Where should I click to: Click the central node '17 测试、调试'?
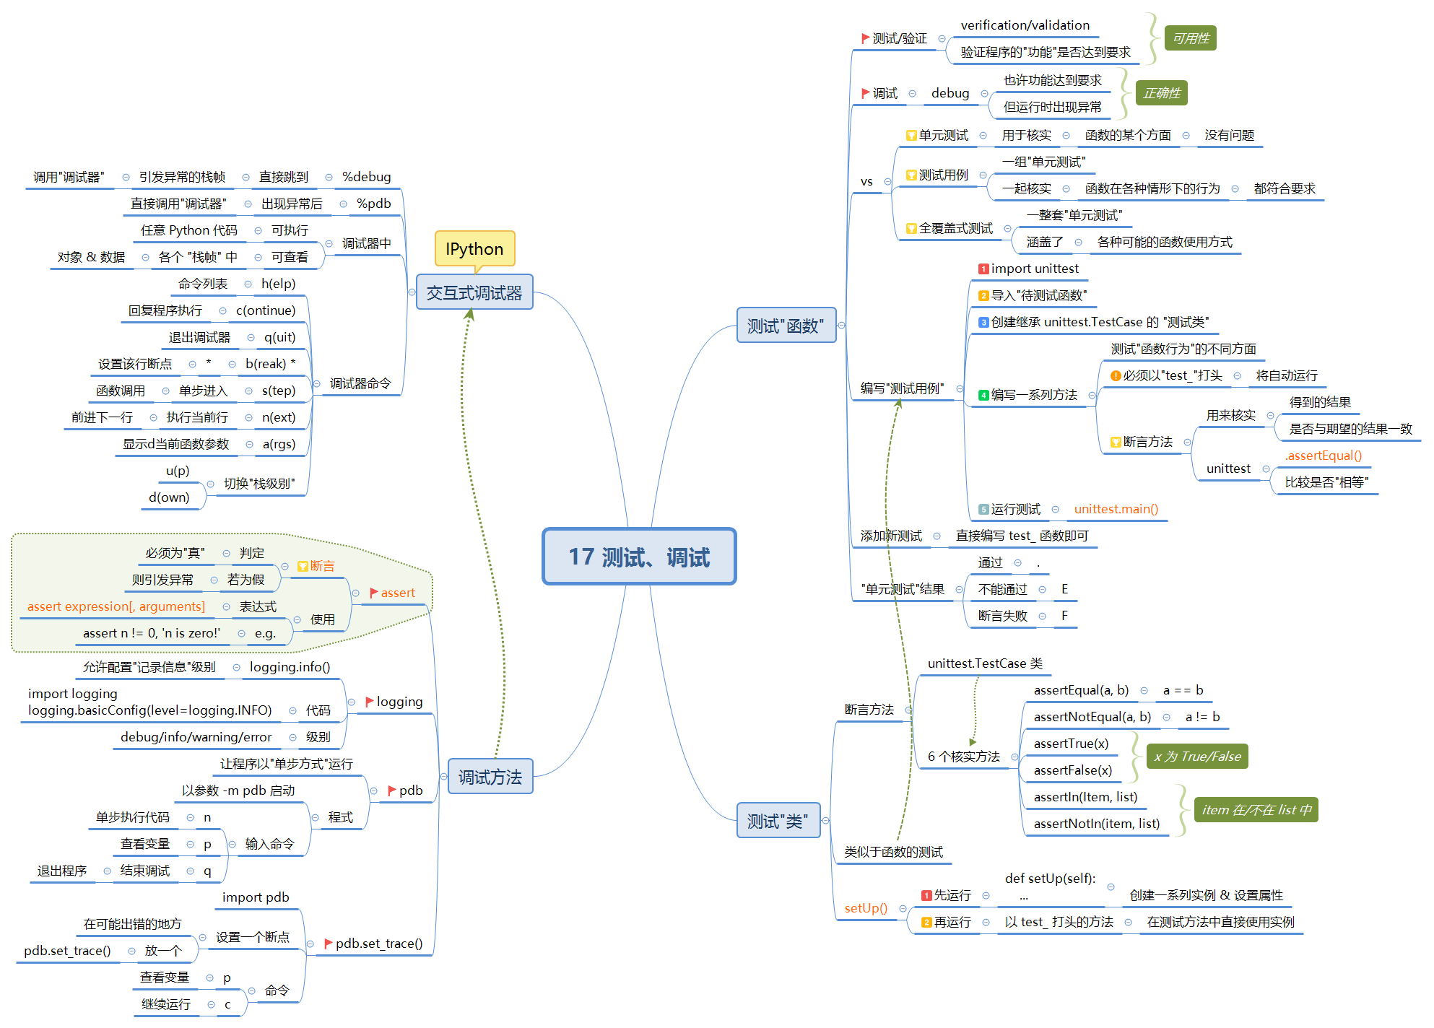pyautogui.click(x=639, y=557)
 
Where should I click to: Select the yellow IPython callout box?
pyautogui.click(x=474, y=249)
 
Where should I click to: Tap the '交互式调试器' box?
pyautogui.click(x=474, y=292)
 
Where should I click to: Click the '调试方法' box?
pyautogui.click(x=490, y=777)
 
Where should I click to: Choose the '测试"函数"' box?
pyautogui.click(x=786, y=326)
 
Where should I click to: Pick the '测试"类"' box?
pyautogui.click(x=778, y=821)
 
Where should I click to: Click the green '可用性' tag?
pyautogui.click(x=1190, y=38)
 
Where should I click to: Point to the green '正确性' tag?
pyautogui.click(x=1161, y=93)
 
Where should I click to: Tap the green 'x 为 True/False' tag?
pyautogui.click(x=1196, y=757)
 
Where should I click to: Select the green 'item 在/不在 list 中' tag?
pyautogui.click(x=1256, y=810)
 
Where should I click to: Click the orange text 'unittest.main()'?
pyautogui.click(x=1116, y=509)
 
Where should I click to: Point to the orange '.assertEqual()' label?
pyautogui.click(x=1323, y=456)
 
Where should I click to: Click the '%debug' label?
pyautogui.click(x=366, y=177)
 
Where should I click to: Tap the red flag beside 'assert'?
pyautogui.click(x=374, y=593)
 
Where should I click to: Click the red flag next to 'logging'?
pyautogui.click(x=370, y=701)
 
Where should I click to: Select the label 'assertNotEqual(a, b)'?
pyautogui.click(x=1092, y=717)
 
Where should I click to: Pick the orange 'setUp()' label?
pyautogui.click(x=866, y=908)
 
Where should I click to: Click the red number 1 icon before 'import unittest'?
pyautogui.click(x=983, y=269)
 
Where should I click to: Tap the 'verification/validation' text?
pyautogui.click(x=1025, y=25)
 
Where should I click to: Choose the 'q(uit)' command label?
pyautogui.click(x=279, y=337)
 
